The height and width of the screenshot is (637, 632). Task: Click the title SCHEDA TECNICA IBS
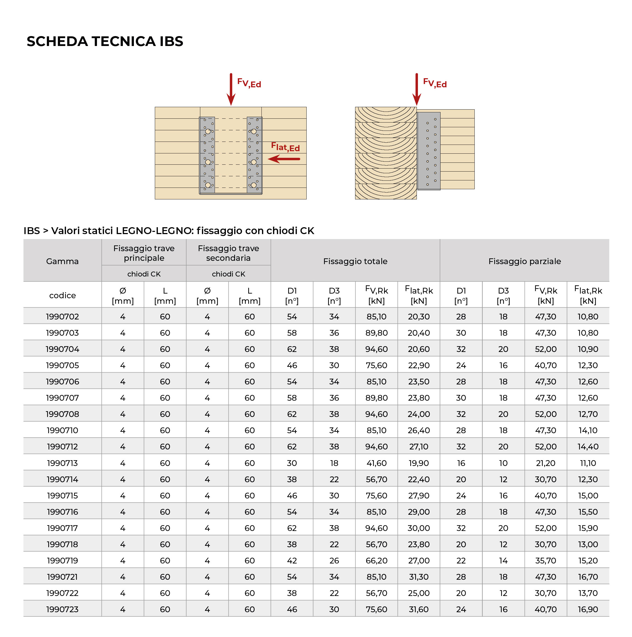click(x=105, y=42)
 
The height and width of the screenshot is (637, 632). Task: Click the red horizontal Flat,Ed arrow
click(x=284, y=159)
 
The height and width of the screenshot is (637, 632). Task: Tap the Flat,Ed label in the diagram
click(x=285, y=147)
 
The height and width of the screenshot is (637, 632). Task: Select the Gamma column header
click(x=62, y=261)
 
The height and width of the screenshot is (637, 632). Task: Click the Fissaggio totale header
click(x=355, y=261)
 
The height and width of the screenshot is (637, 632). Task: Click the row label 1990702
click(x=62, y=316)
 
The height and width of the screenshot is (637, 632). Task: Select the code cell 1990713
click(x=62, y=463)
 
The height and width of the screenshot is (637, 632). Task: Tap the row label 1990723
click(x=62, y=609)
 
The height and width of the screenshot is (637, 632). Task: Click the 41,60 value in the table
click(x=376, y=463)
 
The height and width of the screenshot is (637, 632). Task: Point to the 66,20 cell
click(x=376, y=560)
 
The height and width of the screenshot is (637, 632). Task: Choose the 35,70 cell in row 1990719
click(x=545, y=560)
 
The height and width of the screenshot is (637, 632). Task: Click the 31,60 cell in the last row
click(x=418, y=609)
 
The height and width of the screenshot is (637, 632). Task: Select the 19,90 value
click(x=418, y=463)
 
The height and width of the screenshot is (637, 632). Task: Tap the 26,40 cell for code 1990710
click(x=418, y=430)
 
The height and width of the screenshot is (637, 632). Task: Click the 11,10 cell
click(x=588, y=463)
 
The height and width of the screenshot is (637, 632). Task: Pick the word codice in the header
click(x=62, y=296)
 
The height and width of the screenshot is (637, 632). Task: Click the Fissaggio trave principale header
click(x=144, y=253)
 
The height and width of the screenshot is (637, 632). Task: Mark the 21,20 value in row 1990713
click(x=545, y=463)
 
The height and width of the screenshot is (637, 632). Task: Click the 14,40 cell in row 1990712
click(x=588, y=446)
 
